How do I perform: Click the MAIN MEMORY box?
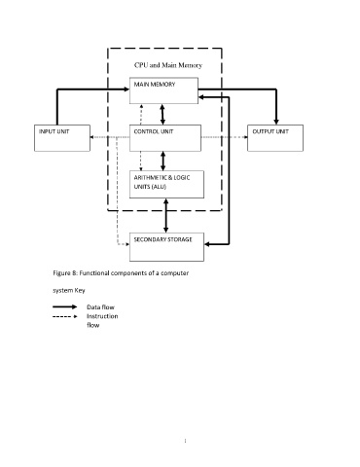163,90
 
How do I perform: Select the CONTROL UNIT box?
165,138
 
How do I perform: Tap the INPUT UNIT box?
62,138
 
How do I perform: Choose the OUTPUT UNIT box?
275,138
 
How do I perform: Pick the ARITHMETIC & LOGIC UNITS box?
166,184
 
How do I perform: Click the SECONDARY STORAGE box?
166,247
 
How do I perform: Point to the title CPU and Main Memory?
168,65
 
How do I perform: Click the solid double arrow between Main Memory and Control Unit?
162,114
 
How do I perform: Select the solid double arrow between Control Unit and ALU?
162,161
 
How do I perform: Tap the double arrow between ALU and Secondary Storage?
166,215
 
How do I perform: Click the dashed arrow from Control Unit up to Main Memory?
141,114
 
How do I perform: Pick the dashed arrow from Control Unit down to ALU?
141,161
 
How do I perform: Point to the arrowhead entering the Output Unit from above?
276,122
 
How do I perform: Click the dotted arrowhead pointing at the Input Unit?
92,137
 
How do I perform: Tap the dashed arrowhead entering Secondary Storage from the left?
127,244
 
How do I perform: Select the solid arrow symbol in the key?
65,306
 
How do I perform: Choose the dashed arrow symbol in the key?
65,316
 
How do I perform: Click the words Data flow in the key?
100,307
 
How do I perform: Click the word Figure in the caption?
61,273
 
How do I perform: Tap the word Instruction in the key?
102,316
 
